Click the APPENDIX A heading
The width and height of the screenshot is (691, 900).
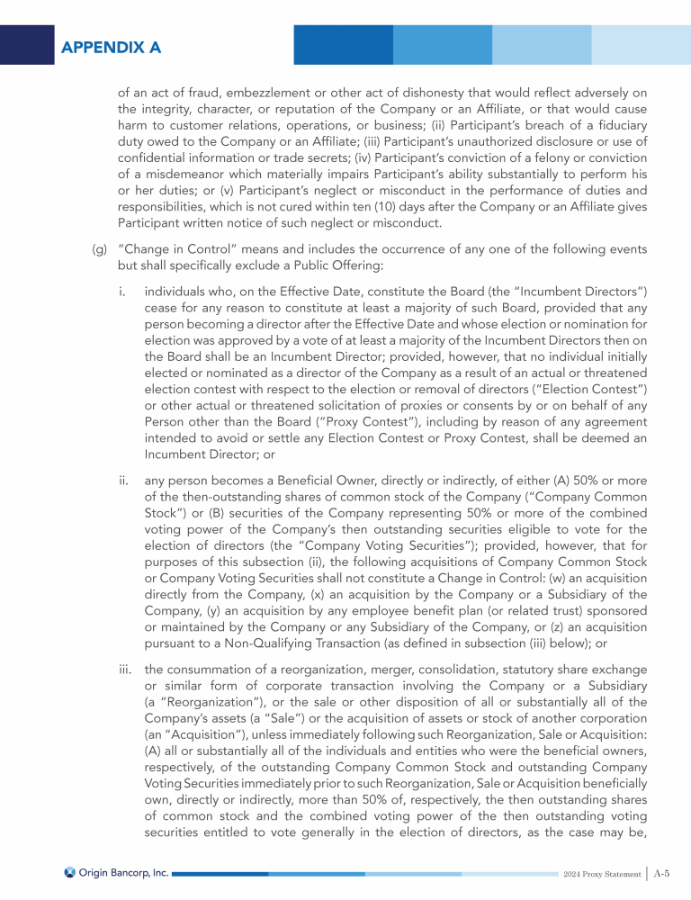(112, 47)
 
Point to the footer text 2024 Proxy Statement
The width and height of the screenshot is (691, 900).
(604, 873)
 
